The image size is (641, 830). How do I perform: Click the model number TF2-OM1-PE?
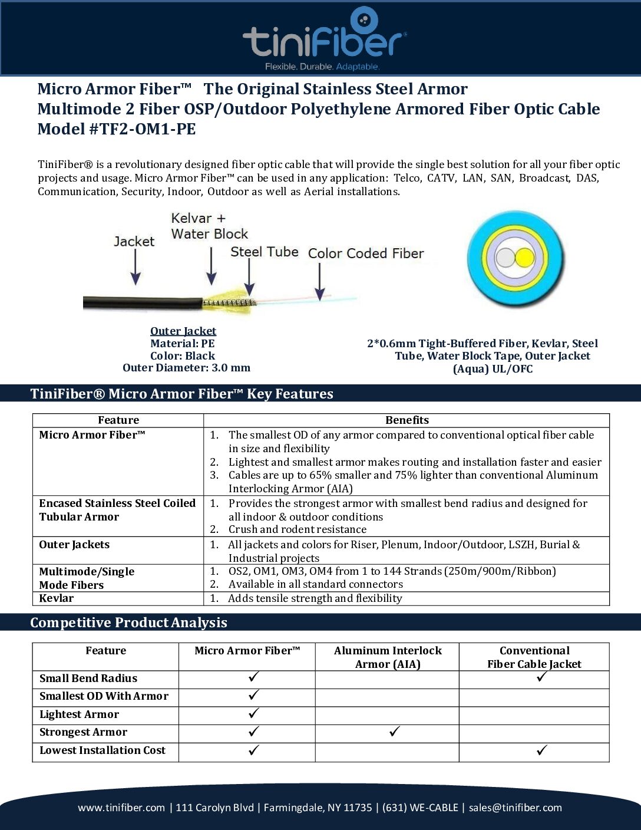click(x=143, y=129)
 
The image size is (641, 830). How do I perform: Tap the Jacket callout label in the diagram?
click(x=134, y=241)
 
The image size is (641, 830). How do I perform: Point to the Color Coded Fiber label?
click(x=366, y=253)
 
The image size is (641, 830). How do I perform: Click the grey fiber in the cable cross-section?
click(x=505, y=258)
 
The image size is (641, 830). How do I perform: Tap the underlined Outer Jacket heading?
click(x=183, y=331)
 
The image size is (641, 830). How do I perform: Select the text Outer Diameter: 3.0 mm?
click(x=186, y=368)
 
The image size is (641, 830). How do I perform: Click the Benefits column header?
click(x=407, y=420)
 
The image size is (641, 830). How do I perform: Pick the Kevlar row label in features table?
click(x=57, y=598)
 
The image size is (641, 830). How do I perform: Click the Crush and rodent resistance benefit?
click(x=298, y=529)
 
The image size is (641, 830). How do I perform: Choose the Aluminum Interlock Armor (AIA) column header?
click(x=388, y=657)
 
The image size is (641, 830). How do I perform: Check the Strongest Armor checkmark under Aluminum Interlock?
click(x=395, y=732)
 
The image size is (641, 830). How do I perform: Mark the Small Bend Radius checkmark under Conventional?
click(x=542, y=677)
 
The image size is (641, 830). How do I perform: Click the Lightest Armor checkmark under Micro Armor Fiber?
click(x=253, y=713)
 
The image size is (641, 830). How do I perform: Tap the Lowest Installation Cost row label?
click(x=103, y=750)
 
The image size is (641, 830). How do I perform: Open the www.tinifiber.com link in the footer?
click(x=121, y=808)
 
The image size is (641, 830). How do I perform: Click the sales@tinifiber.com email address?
click(x=516, y=808)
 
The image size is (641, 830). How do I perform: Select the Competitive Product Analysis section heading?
click(x=128, y=622)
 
